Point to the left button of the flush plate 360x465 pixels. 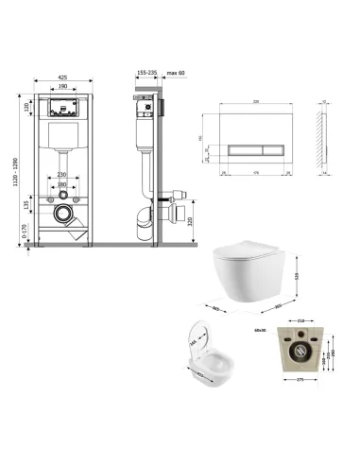[237, 149]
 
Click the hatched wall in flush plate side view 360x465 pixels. [325, 142]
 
